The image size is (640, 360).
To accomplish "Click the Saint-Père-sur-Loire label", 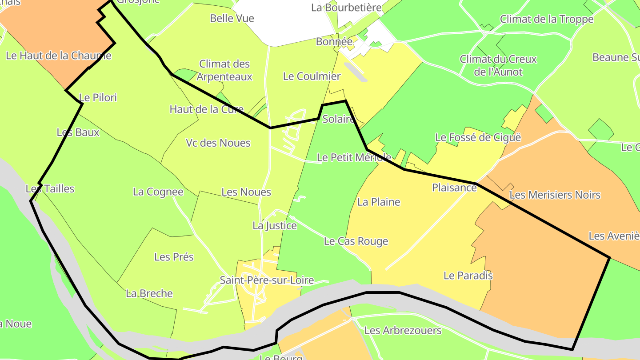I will [x=267, y=280].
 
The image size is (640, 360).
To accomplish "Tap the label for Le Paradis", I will [x=468, y=276].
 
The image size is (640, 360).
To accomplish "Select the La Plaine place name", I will [x=379, y=202].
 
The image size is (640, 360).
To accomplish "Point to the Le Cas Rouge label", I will [x=356, y=241].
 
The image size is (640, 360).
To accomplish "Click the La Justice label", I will [x=274, y=226].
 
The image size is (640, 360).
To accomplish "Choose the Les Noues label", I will [x=246, y=192].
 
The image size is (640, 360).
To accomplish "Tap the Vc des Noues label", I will [x=218, y=143].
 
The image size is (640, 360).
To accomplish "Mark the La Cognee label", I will [x=158, y=192].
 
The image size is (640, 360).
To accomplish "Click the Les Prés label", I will [x=174, y=257].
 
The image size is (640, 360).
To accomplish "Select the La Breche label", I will [x=149, y=293].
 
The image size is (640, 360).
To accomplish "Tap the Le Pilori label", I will [x=98, y=97].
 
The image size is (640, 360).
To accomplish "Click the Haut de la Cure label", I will [x=206, y=109].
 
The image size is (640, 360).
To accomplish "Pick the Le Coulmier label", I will [x=312, y=76].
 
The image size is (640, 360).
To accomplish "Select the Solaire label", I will [x=338, y=119].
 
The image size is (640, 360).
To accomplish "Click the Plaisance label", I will [x=454, y=188].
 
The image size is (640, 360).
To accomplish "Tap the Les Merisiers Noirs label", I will [x=555, y=195].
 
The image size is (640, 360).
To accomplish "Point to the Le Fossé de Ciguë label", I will [x=478, y=137].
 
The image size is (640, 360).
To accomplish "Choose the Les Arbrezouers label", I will [x=403, y=331].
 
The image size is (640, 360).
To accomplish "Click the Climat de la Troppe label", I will [x=546, y=19].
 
